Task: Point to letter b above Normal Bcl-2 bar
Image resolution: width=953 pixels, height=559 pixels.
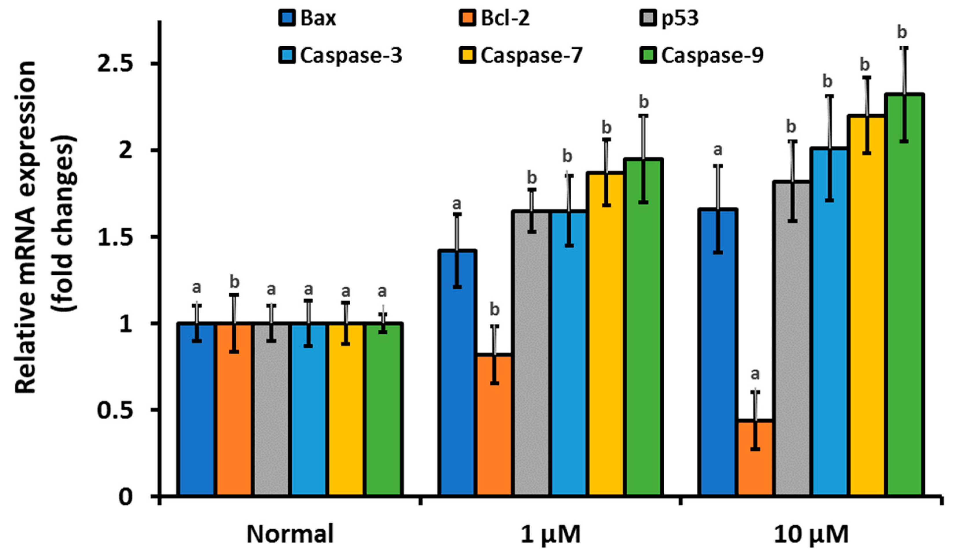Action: pyautogui.click(x=235, y=282)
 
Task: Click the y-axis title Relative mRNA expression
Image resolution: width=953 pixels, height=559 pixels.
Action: pyautogui.click(x=27, y=227)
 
